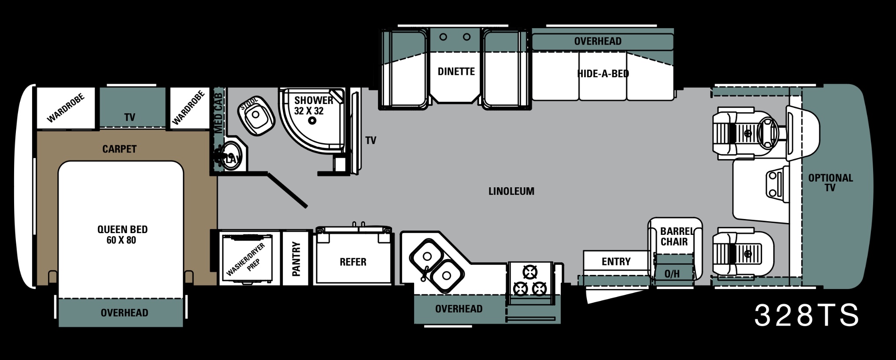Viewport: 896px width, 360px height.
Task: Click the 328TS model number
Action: (807, 315)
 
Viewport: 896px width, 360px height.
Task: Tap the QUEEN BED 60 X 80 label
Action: (122, 235)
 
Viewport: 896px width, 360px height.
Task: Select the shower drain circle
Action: (312, 121)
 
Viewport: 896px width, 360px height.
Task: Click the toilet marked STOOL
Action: (256, 115)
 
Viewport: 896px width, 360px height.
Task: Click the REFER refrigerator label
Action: (353, 262)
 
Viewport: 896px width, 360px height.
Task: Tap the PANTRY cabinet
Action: (296, 258)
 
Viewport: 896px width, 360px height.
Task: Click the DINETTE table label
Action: (456, 71)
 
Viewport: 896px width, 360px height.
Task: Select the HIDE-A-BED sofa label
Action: (603, 74)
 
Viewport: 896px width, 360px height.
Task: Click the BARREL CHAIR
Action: (675, 249)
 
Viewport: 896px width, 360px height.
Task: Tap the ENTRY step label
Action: (616, 262)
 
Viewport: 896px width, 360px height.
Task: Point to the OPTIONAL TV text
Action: (830, 183)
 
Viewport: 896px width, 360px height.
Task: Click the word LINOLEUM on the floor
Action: (511, 191)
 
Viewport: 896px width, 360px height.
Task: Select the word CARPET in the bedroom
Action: (119, 149)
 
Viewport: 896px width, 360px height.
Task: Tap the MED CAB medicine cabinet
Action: (218, 113)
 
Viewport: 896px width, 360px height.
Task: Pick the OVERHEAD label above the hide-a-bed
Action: (598, 41)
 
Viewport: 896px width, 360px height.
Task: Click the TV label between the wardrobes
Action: (130, 117)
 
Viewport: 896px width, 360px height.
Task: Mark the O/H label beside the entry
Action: (672, 274)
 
